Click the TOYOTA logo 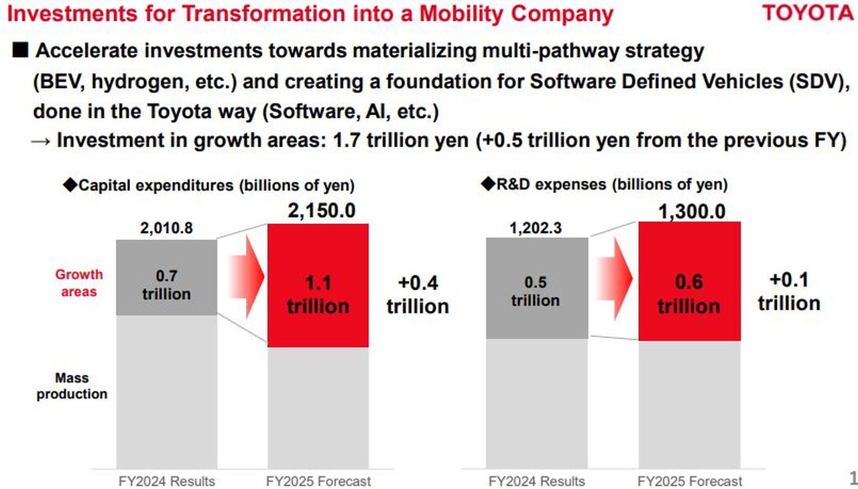tap(809, 13)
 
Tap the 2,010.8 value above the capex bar tap(166, 228)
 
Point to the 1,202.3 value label tap(536, 228)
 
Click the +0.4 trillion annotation tap(417, 295)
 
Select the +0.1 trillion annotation tap(789, 291)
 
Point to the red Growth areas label tap(79, 283)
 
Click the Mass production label tap(72, 387)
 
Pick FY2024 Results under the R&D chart tap(536, 481)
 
